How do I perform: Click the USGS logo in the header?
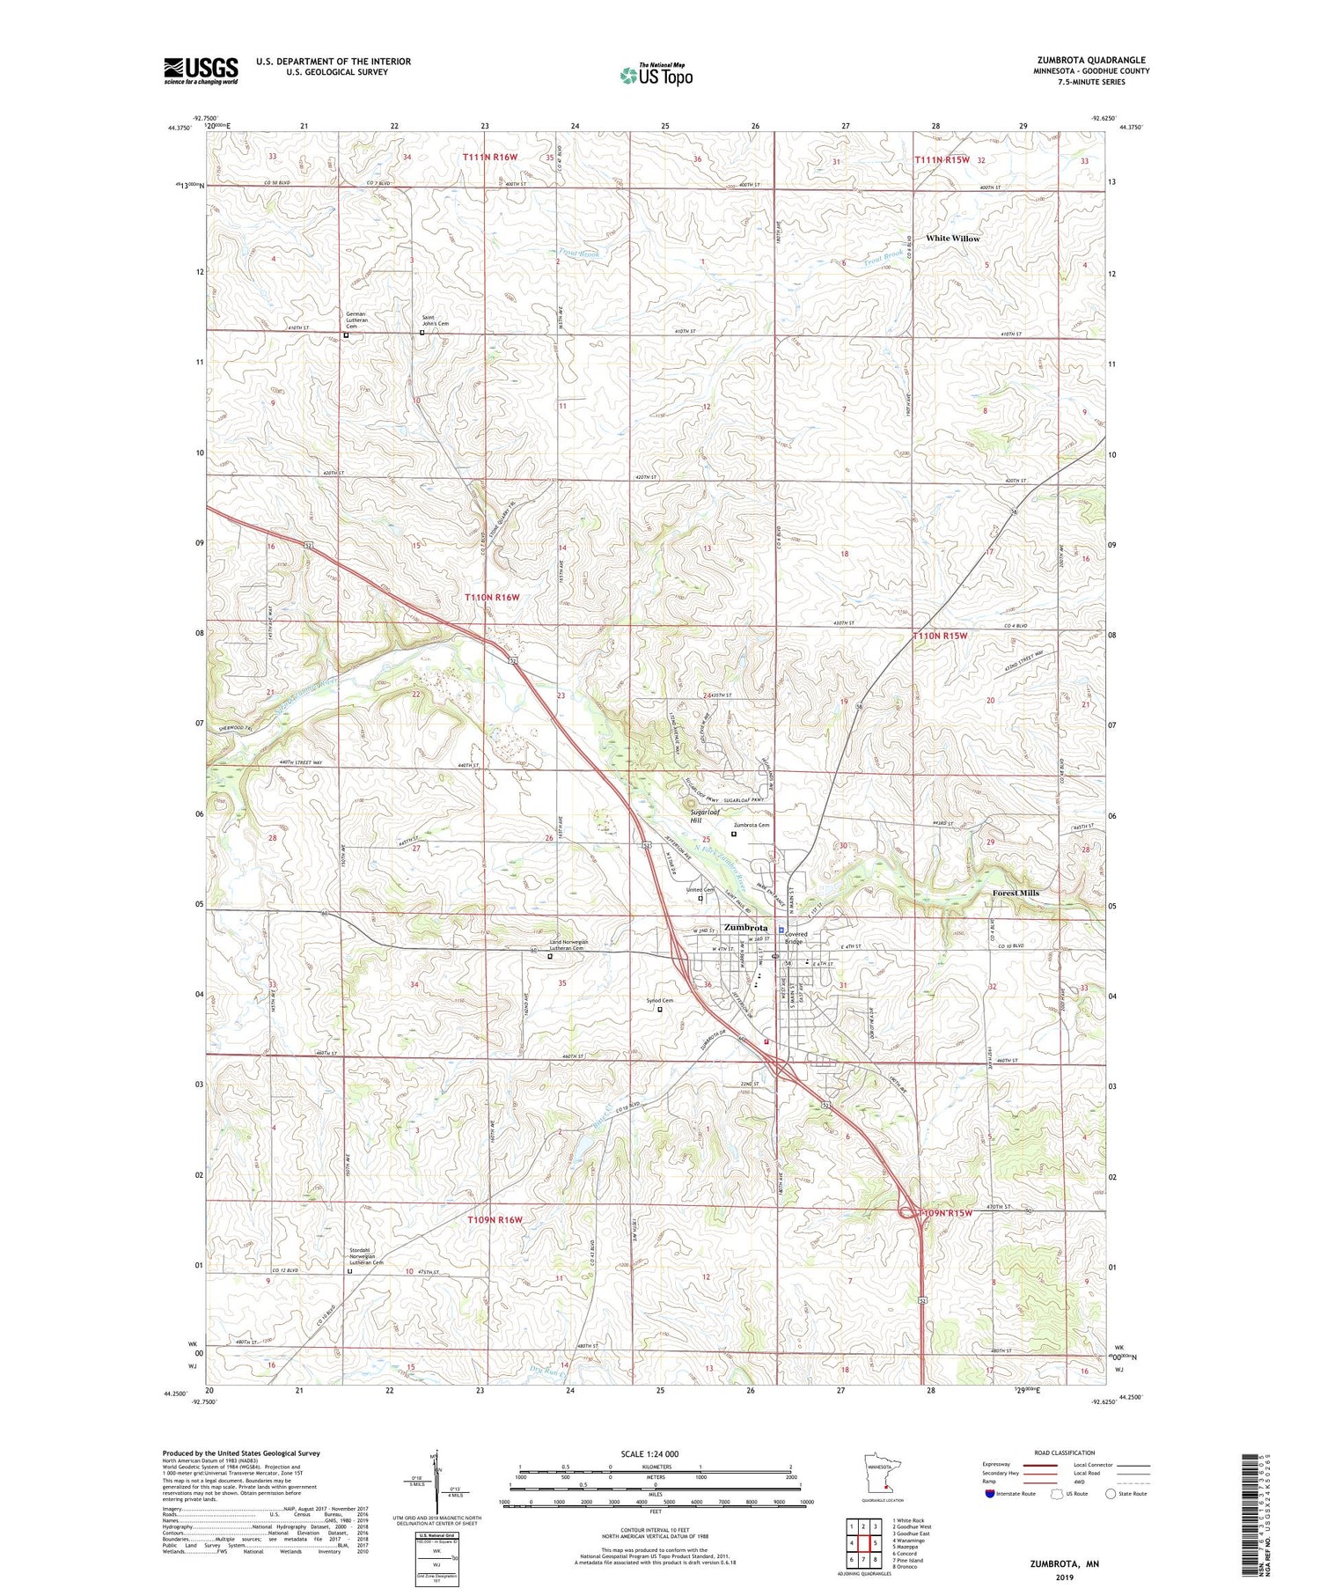[201, 70]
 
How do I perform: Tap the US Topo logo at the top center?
[656, 75]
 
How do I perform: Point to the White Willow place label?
[952, 239]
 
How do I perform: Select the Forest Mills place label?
[1016, 893]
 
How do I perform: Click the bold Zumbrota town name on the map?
[745, 927]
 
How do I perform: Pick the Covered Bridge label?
[796, 938]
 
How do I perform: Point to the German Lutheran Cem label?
[356, 319]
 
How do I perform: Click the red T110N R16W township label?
[492, 597]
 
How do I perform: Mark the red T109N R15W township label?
[945, 1213]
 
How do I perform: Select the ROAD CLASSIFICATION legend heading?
[1065, 1453]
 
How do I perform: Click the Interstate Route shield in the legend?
[991, 1494]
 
